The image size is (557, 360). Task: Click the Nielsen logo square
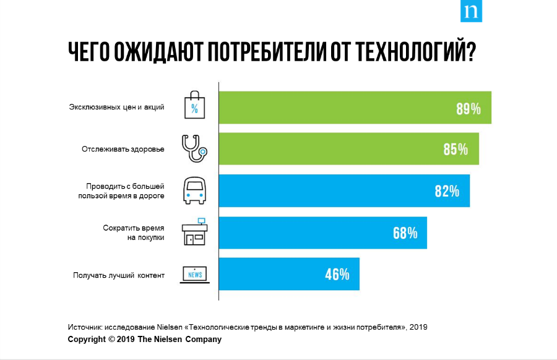[471, 12]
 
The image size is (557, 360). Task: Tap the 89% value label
[468, 109]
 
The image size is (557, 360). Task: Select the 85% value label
[455, 150]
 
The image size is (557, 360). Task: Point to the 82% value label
[447, 191]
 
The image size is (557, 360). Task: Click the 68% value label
[405, 233]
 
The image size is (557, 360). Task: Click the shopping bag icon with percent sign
[194, 106]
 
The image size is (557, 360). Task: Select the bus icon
[194, 191]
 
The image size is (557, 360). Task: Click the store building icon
[194, 232]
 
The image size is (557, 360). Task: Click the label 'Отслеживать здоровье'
[123, 149]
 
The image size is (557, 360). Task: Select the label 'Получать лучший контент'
[119, 275]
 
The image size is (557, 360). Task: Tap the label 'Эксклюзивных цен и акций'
[116, 107]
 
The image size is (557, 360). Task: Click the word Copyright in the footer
[86, 340]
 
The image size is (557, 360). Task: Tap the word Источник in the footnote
[85, 327]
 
